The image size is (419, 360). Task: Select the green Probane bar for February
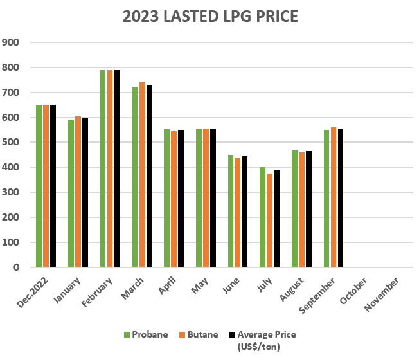point(103,168)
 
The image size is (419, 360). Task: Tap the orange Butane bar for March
point(142,175)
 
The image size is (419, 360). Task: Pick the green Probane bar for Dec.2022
point(39,186)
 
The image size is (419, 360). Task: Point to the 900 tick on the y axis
point(12,42)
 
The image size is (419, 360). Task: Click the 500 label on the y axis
point(12,143)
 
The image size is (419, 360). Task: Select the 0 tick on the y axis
point(17,267)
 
